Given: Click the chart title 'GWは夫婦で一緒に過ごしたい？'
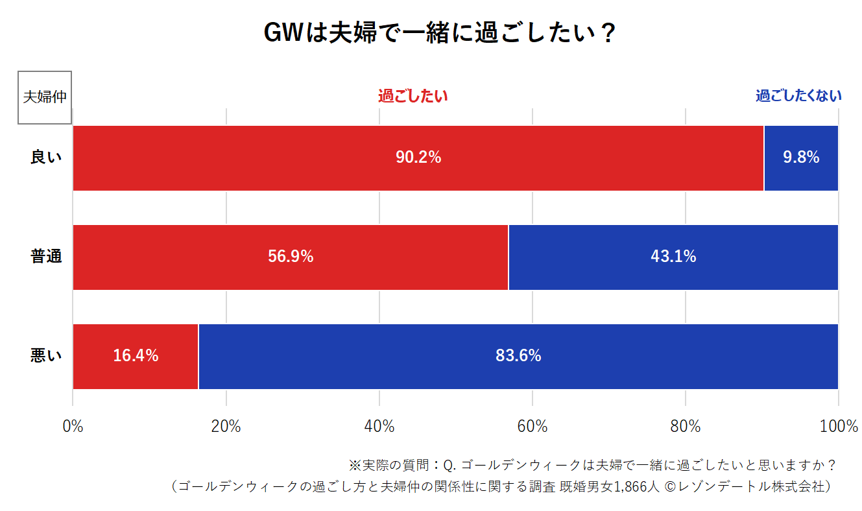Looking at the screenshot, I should point(439,34).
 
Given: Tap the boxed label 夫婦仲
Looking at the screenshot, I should point(44,97).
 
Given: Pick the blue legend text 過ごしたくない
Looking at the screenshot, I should point(798,96).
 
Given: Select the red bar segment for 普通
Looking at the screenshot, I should point(195,257).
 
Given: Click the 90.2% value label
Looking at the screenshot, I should point(418,157).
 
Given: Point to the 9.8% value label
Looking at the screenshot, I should point(801,157).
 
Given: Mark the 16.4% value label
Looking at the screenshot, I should point(136,355).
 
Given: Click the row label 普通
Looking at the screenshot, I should point(46,257).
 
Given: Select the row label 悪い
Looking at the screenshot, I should point(46,355).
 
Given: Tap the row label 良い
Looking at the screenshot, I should point(46,157).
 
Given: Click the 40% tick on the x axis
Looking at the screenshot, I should point(379,427).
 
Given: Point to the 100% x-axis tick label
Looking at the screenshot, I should point(838,427).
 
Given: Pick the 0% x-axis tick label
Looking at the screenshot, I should point(73,427).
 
